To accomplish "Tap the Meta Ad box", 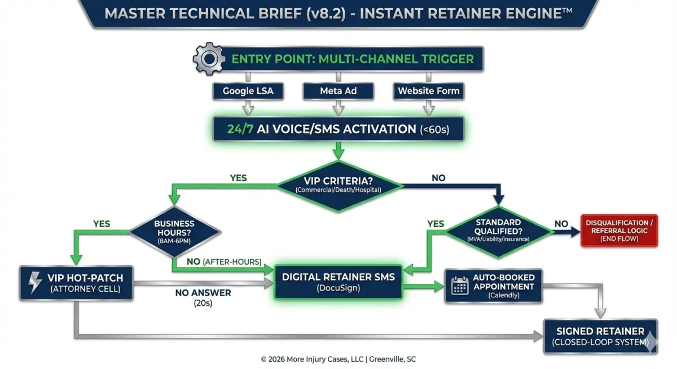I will coord(338,91).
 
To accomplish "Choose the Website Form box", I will coord(428,91).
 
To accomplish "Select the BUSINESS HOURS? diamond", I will coord(174,231).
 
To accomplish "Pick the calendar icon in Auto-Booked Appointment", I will coord(460,285).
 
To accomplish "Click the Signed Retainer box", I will coord(600,336).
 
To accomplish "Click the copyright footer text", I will coord(338,359).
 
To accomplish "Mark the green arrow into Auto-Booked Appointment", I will coord(423,286).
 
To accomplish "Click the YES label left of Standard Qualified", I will coord(436,224).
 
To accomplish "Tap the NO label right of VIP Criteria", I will coord(438,178).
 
